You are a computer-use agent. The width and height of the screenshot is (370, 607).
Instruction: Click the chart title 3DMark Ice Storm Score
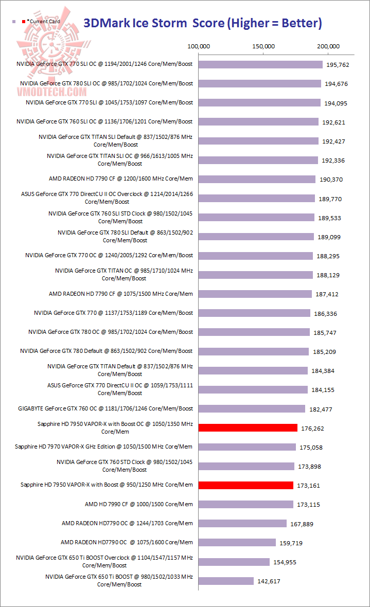pos(203,23)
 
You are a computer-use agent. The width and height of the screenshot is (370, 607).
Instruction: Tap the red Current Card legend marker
pos(24,22)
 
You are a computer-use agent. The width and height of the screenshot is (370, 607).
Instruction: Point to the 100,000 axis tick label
pos(198,46)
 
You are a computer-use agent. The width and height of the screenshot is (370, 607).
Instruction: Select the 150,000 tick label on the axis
pos(263,46)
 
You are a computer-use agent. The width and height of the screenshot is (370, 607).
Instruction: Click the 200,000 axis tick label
pos(328,46)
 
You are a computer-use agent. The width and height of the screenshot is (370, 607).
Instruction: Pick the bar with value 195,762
pos(260,65)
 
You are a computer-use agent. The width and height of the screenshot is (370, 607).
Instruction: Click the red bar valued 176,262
pos(248,427)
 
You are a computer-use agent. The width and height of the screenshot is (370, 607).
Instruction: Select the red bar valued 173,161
pos(245,485)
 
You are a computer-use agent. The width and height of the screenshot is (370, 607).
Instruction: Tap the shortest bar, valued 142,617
pos(226,581)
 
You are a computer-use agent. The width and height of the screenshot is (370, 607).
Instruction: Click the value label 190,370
pos(330,180)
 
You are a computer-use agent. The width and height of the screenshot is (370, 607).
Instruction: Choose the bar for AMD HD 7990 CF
pos(245,504)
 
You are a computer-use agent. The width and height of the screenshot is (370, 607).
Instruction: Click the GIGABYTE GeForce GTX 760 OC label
pos(105,408)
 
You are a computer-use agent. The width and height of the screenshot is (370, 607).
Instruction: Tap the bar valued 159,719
pos(237,542)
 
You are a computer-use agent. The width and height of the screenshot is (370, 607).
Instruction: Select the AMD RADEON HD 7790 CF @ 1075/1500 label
pos(121,294)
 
